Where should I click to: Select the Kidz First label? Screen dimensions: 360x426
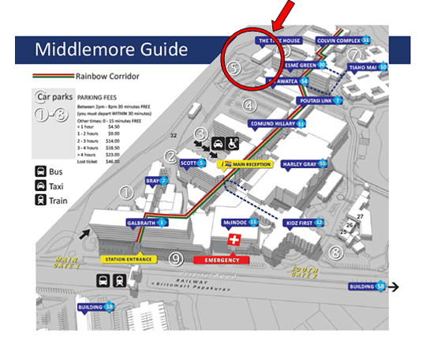pos(304,223)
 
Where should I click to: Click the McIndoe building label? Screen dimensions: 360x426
pos(240,223)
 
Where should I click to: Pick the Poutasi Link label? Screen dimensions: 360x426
pos(319,100)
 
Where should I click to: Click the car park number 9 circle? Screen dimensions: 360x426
pos(177,258)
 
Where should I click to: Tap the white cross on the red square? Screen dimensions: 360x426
pos(232,238)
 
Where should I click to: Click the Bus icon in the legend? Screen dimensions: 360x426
pos(39,171)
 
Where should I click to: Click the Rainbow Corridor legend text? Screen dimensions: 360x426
pos(103,77)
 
